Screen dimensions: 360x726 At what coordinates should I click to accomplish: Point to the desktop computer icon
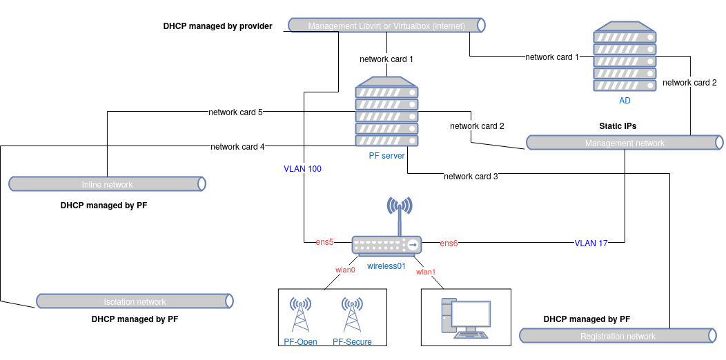466,318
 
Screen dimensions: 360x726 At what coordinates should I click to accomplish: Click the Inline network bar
107,184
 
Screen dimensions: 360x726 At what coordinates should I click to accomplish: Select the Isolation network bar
135,301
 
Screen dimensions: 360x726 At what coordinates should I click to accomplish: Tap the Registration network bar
618,336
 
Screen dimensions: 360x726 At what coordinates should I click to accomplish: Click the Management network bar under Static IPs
625,143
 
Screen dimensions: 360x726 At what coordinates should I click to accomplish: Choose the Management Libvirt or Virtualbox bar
386,26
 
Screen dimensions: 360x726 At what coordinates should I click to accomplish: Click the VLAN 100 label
302,168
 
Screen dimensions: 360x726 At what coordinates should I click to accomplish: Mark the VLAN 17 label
591,243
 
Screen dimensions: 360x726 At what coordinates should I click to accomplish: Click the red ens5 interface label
324,242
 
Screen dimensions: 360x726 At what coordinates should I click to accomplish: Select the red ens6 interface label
449,243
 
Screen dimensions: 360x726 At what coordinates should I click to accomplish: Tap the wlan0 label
345,270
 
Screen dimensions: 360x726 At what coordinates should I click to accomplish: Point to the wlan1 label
426,272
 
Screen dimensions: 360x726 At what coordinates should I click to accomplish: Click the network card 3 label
471,176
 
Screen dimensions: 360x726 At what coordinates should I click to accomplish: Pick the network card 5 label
235,112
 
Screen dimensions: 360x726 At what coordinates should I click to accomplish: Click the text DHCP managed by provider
217,26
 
